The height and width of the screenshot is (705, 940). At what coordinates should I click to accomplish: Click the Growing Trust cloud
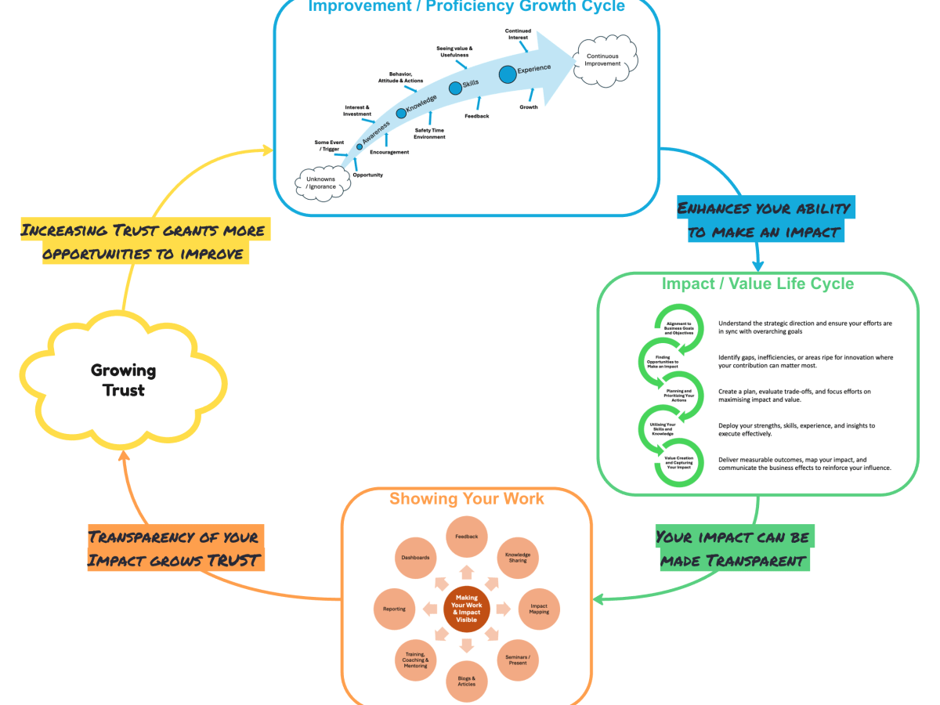(123, 379)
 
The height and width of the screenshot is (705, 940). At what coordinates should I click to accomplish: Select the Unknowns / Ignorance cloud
(321, 183)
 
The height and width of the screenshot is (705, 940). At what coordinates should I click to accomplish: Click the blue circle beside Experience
(508, 74)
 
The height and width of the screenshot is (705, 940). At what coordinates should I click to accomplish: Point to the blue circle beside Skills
(455, 89)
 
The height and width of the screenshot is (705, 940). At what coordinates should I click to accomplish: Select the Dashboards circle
(416, 558)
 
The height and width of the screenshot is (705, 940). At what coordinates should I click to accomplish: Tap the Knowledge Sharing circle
(517, 558)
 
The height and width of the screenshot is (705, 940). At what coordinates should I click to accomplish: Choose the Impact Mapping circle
(539, 609)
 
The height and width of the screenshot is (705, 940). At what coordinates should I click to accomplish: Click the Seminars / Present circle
(518, 660)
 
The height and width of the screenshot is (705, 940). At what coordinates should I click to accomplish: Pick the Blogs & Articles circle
(466, 680)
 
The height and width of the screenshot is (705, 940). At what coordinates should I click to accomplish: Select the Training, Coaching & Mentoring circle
(415, 660)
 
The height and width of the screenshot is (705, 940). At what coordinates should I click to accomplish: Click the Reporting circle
(394, 609)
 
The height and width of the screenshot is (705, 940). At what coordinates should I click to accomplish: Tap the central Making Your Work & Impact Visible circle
(466, 609)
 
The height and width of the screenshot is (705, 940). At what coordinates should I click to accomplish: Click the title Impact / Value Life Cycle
(757, 284)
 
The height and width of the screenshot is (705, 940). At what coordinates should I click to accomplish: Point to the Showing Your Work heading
(466, 499)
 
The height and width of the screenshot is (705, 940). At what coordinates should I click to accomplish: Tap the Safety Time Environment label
(429, 133)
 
